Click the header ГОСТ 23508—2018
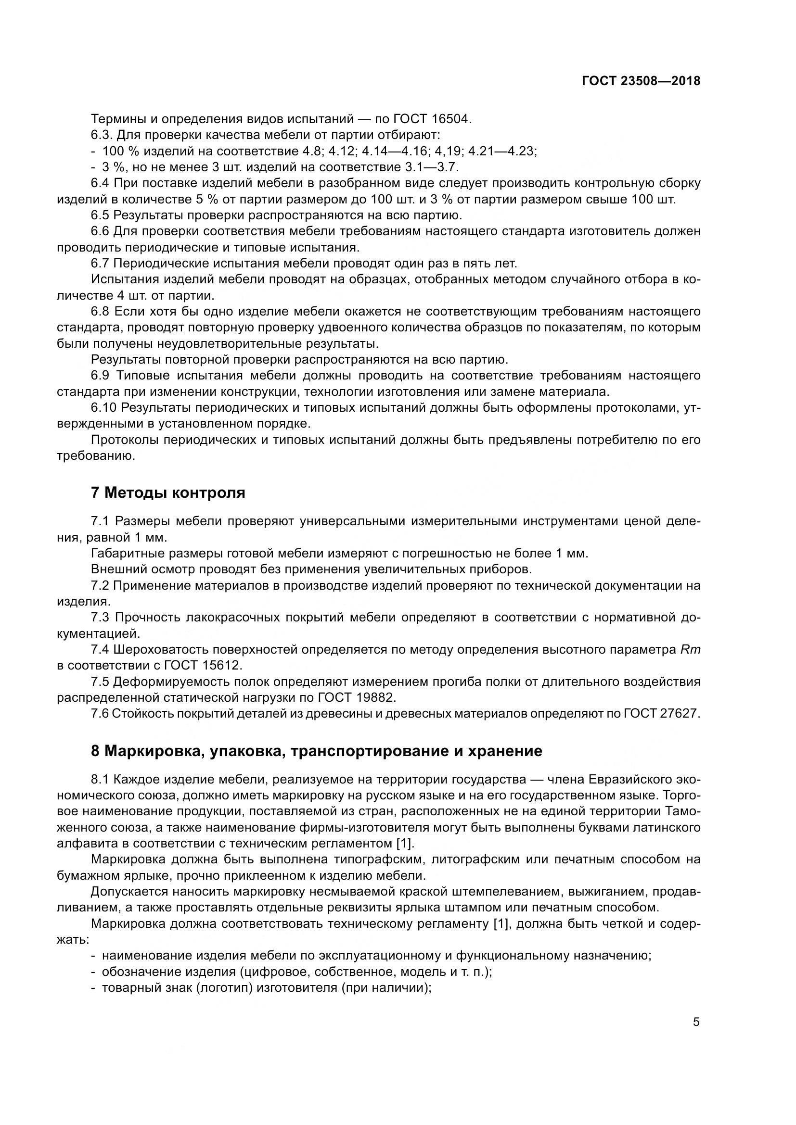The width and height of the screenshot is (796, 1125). tap(641, 81)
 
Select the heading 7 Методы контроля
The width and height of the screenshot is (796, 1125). tap(168, 493)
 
